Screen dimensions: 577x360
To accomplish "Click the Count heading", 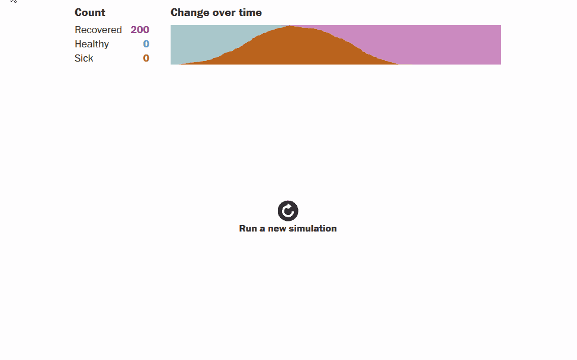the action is (90, 12).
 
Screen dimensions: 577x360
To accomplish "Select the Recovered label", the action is (98, 30).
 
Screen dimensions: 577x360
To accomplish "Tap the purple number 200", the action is (140, 30).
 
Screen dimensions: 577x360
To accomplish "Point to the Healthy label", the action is (92, 44).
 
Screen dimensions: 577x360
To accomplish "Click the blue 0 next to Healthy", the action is (146, 44).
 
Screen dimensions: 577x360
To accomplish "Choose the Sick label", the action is (84, 58).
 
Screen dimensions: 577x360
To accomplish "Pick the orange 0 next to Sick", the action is (146, 58).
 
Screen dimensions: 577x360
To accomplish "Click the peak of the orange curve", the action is (289, 25).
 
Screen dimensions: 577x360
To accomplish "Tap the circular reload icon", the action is (288, 211).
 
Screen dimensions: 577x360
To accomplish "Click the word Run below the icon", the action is (248, 229).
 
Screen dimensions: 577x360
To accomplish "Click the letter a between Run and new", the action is (262, 229).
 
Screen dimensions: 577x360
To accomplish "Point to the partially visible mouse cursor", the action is (14, 1).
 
